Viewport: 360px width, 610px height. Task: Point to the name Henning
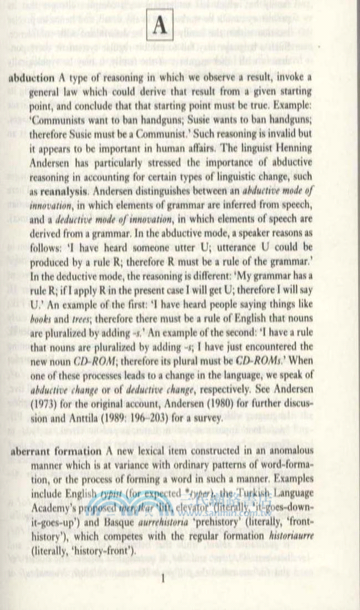pyautogui.click(x=293, y=148)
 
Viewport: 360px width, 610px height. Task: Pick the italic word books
pyautogui.click(x=43, y=319)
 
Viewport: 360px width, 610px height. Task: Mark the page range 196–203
pyautogui.click(x=146, y=417)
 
